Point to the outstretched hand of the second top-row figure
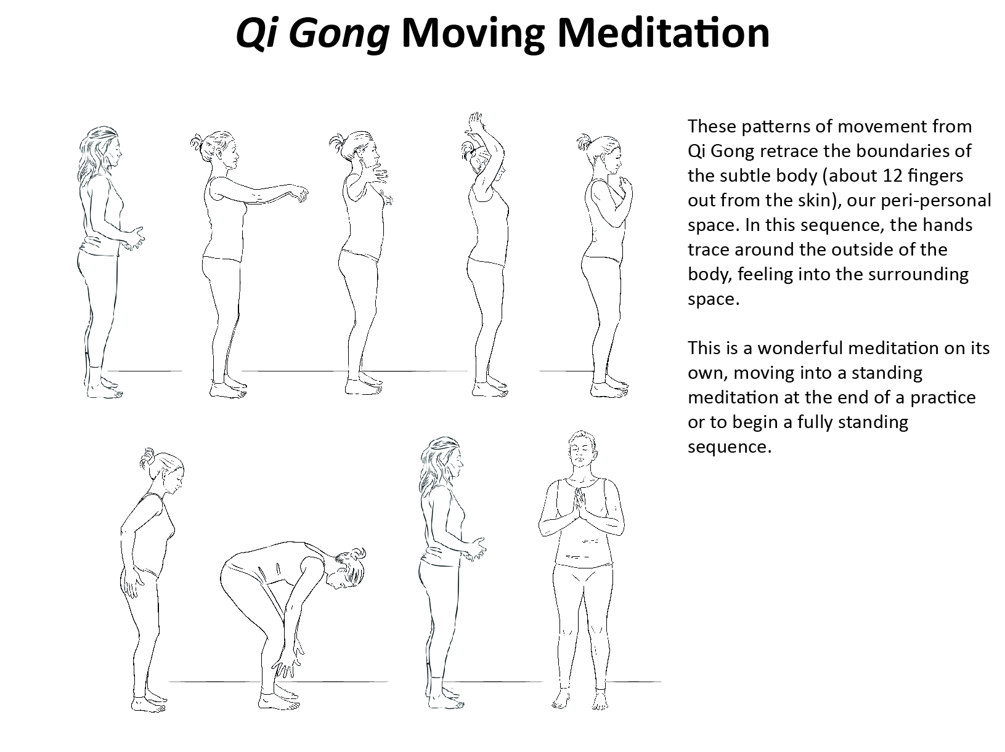tap(300, 193)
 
